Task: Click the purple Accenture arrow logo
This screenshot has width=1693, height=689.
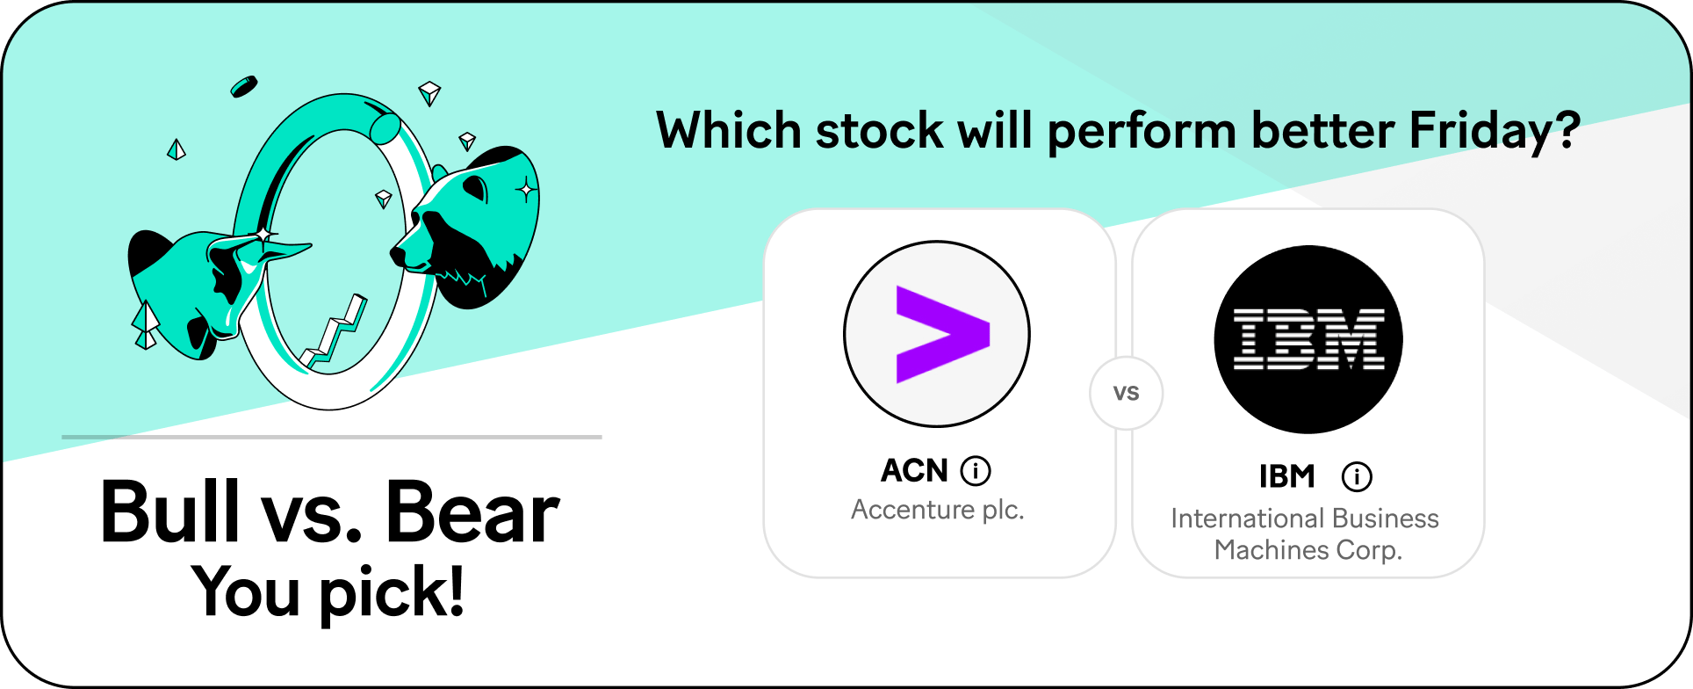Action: [942, 335]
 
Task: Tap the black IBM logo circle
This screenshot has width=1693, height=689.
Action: [1308, 339]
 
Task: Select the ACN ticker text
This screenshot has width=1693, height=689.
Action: [914, 471]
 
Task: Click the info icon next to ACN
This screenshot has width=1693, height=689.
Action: [976, 471]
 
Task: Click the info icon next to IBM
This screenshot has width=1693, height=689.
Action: [1357, 476]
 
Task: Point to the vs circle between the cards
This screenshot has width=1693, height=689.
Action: [1127, 393]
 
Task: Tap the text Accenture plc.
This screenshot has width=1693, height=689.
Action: [938, 510]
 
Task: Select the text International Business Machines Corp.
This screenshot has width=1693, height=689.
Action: [1306, 534]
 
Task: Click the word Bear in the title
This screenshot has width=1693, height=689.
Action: [472, 512]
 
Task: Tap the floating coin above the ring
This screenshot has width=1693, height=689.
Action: [244, 86]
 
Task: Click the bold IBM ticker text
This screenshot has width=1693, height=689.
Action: [1287, 476]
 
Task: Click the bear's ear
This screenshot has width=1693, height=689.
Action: [476, 186]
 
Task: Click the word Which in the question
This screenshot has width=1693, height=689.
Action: [729, 131]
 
